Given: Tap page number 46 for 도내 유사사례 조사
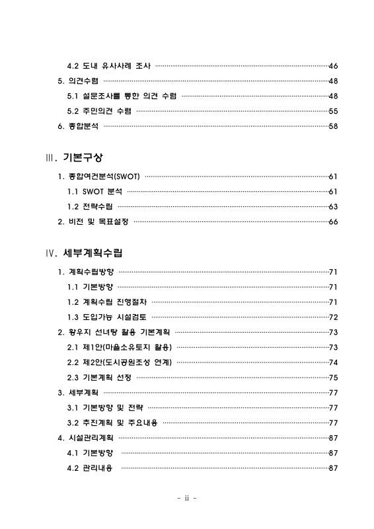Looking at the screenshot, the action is coord(333,66).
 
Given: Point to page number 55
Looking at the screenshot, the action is coord(333,111).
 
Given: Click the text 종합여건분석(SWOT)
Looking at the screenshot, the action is coord(104,177).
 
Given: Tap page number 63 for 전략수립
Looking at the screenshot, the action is coord(333,206).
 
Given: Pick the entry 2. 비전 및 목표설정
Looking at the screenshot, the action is coord(93,222).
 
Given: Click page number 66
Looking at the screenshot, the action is coord(333,222).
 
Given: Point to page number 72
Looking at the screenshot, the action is coord(333,317).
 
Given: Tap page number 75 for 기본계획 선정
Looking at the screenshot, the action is coord(333,377).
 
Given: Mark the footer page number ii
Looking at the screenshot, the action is coord(188,498).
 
